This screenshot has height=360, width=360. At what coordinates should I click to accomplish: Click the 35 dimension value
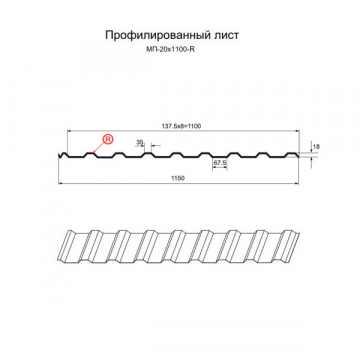139,143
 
